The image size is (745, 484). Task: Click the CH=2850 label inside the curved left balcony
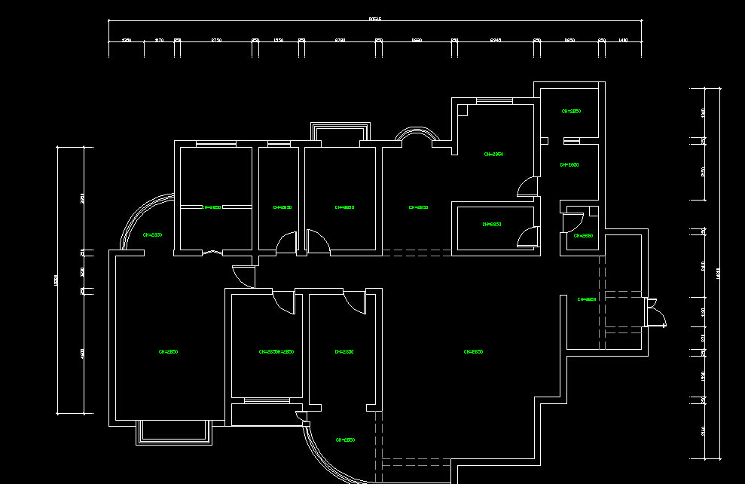pyautogui.click(x=153, y=235)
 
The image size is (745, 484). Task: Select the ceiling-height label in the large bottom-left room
pyautogui.click(x=168, y=352)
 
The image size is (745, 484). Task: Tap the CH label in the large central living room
pyautogui.click(x=473, y=352)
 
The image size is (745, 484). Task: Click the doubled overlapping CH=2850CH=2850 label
pyautogui.click(x=276, y=352)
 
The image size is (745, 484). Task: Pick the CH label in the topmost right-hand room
pyautogui.click(x=571, y=112)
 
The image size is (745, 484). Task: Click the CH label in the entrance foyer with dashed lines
pyautogui.click(x=587, y=299)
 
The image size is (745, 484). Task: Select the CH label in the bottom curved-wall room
pyautogui.click(x=345, y=440)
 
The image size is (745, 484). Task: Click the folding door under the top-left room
pyautogui.click(x=213, y=253)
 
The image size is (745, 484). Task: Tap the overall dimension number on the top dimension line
pyautogui.click(x=375, y=19)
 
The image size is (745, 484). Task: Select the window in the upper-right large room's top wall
pyautogui.click(x=494, y=100)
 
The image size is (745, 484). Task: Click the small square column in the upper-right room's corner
pyautogui.click(x=463, y=110)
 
